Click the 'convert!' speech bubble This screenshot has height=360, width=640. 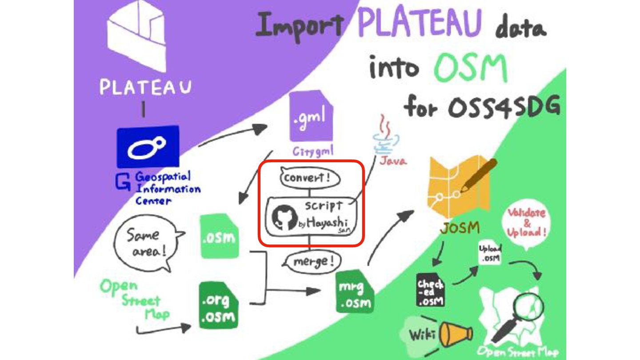pos(310,179)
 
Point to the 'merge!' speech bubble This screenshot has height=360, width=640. pos(310,262)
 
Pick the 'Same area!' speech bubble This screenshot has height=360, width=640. pos(146,243)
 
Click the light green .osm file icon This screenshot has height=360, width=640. pos(218,236)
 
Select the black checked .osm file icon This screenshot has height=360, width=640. pos(430,289)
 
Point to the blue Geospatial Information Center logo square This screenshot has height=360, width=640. pos(148,147)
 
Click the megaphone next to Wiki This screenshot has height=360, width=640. pos(455,334)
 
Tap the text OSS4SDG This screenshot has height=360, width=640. pos(483,108)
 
